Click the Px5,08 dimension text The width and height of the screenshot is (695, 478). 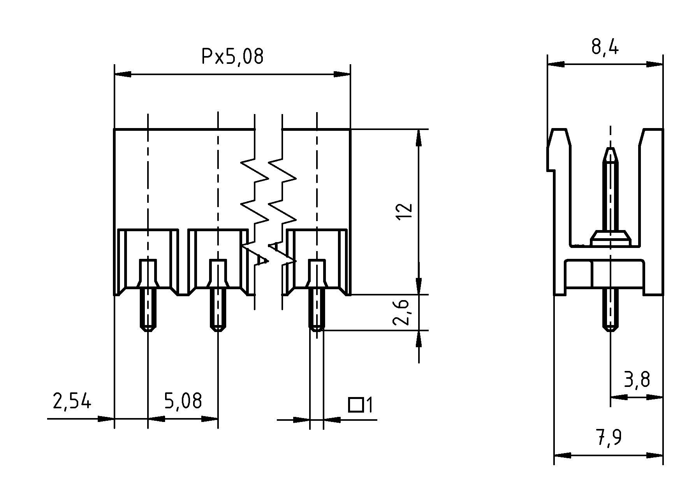coord(232,57)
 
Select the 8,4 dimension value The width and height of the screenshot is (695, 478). coord(605,47)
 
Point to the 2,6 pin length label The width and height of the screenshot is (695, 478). coord(401,312)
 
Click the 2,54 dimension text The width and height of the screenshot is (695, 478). coord(72,401)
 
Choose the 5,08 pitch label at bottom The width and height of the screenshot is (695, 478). coord(183,401)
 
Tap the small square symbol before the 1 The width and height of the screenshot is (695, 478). coord(355,405)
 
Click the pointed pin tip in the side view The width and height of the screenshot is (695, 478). coord(610,154)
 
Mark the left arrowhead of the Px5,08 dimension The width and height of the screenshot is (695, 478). coord(123,74)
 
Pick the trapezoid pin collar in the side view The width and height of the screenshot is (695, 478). coord(610,237)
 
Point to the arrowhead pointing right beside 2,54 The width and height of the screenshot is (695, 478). coord(105,419)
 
